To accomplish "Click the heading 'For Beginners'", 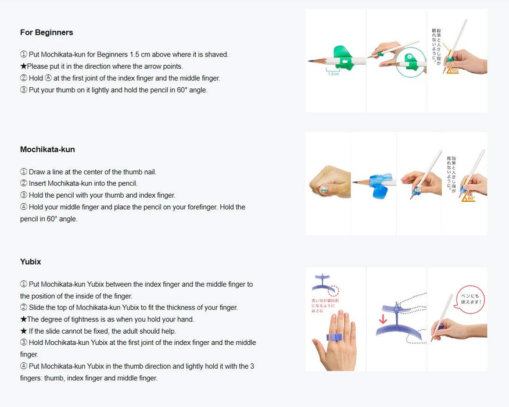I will tap(46, 33).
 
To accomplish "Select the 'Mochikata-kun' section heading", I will tap(48, 149).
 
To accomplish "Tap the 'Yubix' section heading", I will tap(30, 262).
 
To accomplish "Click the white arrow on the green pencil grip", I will tap(346, 60).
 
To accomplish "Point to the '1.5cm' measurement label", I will tap(333, 74).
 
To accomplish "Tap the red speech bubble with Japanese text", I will tap(470, 298).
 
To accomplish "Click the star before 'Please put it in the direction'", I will tap(23, 66).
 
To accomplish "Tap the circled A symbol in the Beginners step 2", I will tap(48, 78).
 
